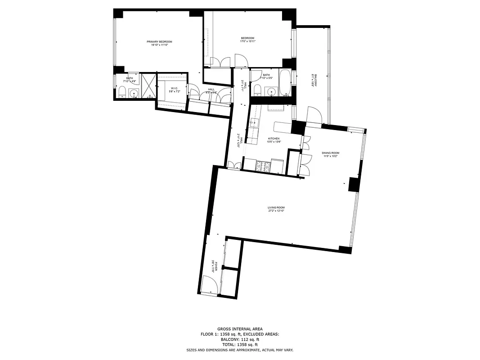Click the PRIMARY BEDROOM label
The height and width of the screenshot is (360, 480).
pyautogui.click(x=159, y=41)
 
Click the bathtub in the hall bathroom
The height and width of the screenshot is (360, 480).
pyautogui.click(x=286, y=82)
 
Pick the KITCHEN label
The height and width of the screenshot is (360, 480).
pyautogui.click(x=274, y=139)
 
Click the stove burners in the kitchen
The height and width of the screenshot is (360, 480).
pyautogui.click(x=264, y=166)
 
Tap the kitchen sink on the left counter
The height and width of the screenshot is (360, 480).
pyautogui.click(x=254, y=122)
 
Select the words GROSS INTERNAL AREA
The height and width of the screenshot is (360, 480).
pyautogui.click(x=240, y=329)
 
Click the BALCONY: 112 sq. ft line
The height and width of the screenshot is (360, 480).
pyautogui.click(x=240, y=340)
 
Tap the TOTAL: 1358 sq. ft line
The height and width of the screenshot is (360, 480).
pyautogui.click(x=240, y=345)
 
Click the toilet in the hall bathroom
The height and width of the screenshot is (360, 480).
pyautogui.click(x=257, y=90)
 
